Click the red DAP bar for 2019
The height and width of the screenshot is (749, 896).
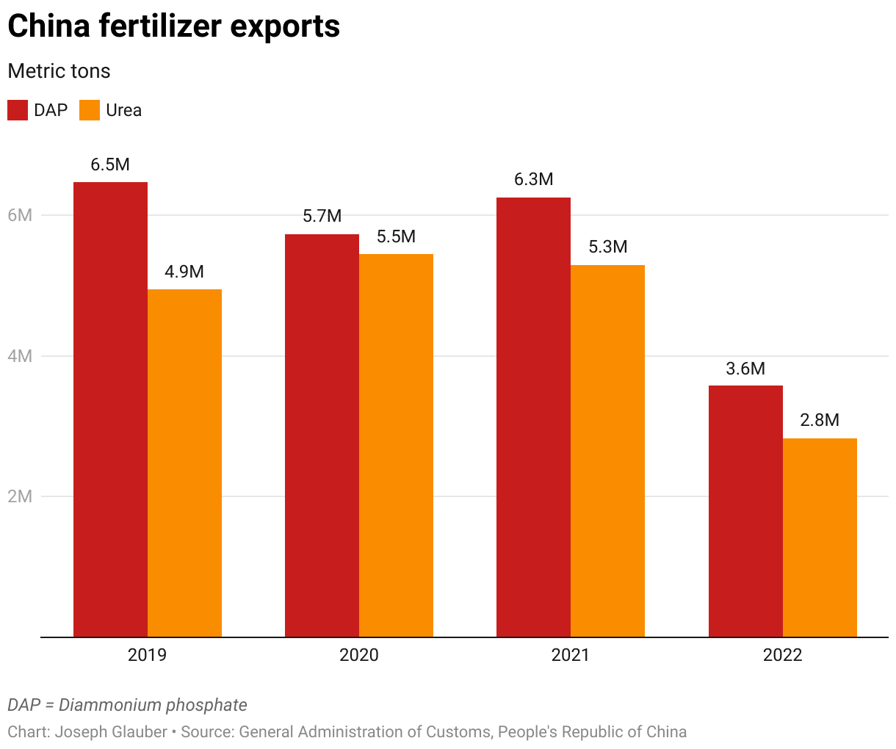pyautogui.click(x=110, y=409)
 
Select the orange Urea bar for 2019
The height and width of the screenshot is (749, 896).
pyautogui.click(x=184, y=463)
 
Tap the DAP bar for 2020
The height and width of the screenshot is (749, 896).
pyautogui.click(x=322, y=435)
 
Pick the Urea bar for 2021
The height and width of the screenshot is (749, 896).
pyautogui.click(x=607, y=450)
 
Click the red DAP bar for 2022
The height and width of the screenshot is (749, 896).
pyautogui.click(x=745, y=510)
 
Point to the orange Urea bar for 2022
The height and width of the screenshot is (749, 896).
pyautogui.click(x=820, y=537)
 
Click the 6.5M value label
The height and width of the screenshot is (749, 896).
pyautogui.click(x=110, y=164)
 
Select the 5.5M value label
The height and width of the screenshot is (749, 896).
pyautogui.click(x=396, y=236)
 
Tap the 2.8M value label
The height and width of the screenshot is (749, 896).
pyautogui.click(x=820, y=420)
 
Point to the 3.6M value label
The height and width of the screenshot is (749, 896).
pyautogui.click(x=745, y=369)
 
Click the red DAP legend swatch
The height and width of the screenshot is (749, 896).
pyautogui.click(x=18, y=110)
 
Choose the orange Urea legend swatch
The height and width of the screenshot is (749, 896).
pyautogui.click(x=90, y=110)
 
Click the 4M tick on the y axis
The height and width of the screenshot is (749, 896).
pyautogui.click(x=20, y=356)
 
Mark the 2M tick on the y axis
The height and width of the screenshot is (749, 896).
pyautogui.click(x=20, y=496)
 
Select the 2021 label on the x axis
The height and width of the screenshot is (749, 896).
pyautogui.click(x=571, y=655)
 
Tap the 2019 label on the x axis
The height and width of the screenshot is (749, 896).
pyautogui.click(x=147, y=655)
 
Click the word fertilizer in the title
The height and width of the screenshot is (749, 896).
pyautogui.click(x=159, y=26)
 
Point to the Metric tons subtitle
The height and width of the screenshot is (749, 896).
pyautogui.click(x=59, y=71)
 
